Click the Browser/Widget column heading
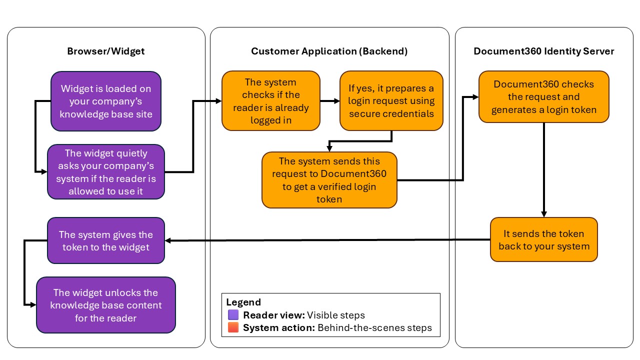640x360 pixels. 105,51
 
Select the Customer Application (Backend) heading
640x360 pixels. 329,51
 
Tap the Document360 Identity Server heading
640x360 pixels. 544,51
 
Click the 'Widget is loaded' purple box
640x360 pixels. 105,101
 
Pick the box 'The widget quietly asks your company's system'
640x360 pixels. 105,171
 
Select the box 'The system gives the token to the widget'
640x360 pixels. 105,240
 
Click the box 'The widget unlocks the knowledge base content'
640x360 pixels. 105,305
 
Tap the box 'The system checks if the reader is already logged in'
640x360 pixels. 270,101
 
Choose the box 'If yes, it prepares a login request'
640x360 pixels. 391,101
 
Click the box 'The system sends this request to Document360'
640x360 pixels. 329,180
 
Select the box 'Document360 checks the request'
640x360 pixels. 544,97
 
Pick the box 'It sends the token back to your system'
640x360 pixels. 544,239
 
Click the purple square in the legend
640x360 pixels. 233,315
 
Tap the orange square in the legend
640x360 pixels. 233,328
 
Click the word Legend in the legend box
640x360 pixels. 243,302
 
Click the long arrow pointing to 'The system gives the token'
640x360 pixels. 325,240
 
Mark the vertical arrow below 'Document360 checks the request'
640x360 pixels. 544,170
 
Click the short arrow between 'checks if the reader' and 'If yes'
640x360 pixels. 329,101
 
